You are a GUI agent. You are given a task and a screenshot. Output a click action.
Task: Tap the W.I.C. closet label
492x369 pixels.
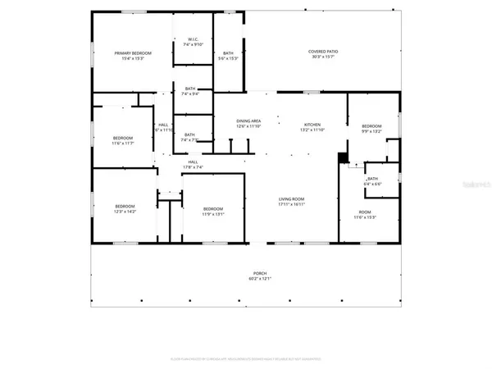click(193, 39)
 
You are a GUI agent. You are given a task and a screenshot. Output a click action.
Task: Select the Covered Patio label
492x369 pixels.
click(323, 51)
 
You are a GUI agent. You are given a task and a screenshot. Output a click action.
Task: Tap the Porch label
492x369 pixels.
click(259, 273)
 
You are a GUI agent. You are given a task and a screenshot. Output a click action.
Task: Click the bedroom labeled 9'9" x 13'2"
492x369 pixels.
click(372, 126)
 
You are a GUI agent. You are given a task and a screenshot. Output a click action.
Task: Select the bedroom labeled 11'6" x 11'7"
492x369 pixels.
click(123, 138)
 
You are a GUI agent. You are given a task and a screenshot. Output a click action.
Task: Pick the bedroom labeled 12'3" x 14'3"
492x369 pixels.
click(125, 206)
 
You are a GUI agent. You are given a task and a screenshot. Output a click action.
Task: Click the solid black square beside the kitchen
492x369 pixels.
click(343, 157)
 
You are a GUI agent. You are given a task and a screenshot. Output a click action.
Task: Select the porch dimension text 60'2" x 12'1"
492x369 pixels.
click(259, 279)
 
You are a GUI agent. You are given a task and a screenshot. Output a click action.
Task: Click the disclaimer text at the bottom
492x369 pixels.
click(246, 358)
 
